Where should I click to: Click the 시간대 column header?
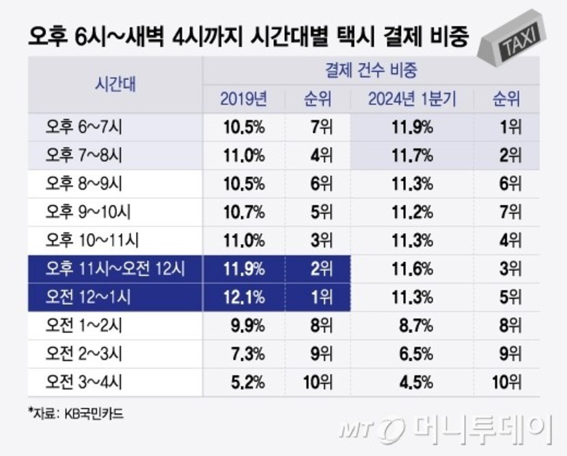pos(114,85)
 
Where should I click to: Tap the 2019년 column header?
pos(243,100)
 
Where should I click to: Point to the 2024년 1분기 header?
pos(411,100)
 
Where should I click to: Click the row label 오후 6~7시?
pos(84,127)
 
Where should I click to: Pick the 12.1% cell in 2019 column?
pos(244,297)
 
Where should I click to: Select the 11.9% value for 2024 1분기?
pos(411,127)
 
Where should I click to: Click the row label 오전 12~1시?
pos(88,297)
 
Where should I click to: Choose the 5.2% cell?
pos(244,382)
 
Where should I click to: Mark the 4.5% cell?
pos(411,382)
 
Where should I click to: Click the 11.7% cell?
pos(411,155)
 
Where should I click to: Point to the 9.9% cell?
pos(244,325)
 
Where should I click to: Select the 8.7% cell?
pos(411,325)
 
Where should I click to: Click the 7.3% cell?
pos(244,354)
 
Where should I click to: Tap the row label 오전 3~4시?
pos(84,382)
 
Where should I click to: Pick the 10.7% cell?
pos(244,212)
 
